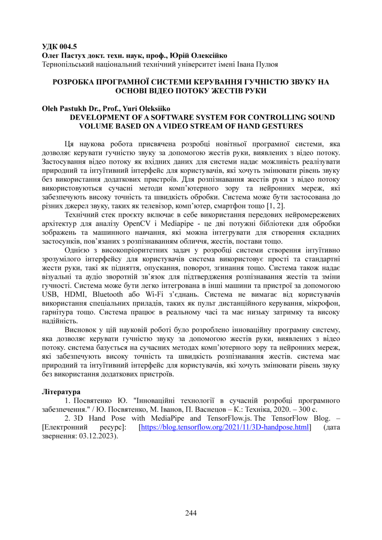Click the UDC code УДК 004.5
[x=59, y=46]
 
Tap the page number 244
[x=191, y=513]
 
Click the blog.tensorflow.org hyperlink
[x=225, y=427]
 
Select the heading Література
[x=61, y=392]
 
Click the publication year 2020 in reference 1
[x=274, y=409]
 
